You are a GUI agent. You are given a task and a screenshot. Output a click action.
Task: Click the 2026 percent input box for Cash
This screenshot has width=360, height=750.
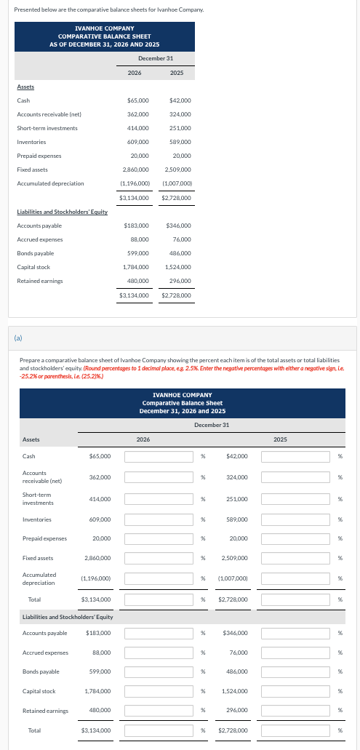coord(160,456)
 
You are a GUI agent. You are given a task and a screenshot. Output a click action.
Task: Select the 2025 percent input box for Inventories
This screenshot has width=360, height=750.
coord(297,519)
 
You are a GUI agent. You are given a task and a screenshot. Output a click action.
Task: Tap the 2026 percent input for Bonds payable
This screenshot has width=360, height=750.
coord(160,671)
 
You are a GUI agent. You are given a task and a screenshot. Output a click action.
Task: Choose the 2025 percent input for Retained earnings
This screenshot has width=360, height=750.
coord(297,710)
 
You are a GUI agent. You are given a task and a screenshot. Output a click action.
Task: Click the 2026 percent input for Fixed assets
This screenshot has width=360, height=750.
coord(160,557)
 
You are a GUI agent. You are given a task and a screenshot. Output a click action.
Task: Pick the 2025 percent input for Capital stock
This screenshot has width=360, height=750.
coord(297,691)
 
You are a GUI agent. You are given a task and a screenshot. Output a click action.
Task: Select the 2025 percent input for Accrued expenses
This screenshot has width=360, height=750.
coord(297,653)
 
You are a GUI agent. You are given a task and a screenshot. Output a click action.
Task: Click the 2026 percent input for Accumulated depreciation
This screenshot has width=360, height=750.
coord(160,578)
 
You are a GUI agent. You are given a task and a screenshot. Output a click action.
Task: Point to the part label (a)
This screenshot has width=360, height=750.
coord(18,337)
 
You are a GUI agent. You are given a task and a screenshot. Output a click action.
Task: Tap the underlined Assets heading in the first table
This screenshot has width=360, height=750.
coord(25,87)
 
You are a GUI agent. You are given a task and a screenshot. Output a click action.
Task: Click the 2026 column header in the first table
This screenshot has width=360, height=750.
coord(135,73)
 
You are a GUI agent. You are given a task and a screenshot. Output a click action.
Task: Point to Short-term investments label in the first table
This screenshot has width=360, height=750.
coord(47,128)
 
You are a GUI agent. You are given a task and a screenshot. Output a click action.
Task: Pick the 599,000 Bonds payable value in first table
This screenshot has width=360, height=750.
coord(138,253)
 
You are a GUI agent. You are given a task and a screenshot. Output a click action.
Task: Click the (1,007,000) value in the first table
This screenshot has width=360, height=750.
coord(176,183)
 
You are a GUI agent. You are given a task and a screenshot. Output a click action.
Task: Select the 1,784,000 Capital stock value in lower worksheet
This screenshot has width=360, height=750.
coord(97,691)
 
